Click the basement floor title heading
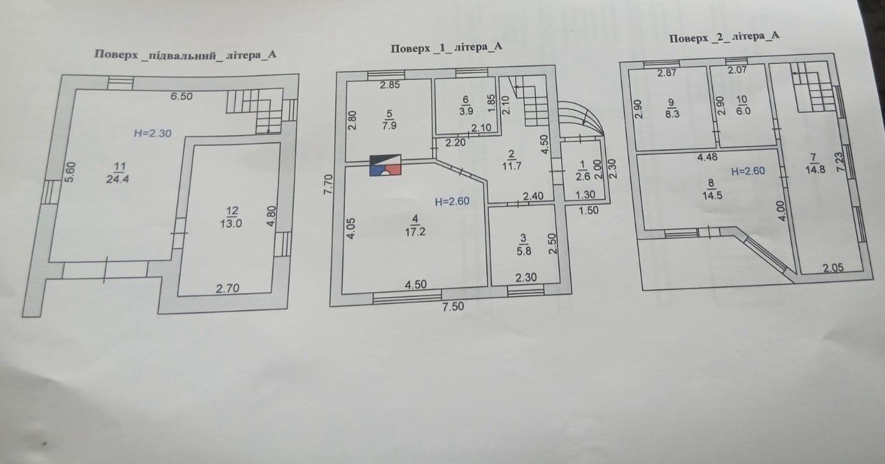click(x=186, y=54)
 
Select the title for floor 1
click(x=447, y=48)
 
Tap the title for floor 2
click(x=724, y=38)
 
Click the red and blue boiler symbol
click(x=385, y=165)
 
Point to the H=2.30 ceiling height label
click(x=153, y=133)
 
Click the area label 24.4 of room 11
click(x=117, y=179)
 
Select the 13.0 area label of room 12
click(x=231, y=223)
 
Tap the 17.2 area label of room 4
click(x=415, y=232)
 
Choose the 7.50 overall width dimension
click(x=453, y=307)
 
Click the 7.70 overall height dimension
click(x=328, y=184)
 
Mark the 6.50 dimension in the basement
click(x=181, y=96)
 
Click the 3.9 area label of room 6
click(x=466, y=111)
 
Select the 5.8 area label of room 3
click(x=524, y=251)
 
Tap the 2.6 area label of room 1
click(x=583, y=176)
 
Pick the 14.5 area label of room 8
click(x=712, y=195)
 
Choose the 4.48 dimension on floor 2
click(x=707, y=157)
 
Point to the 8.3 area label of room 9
click(x=672, y=114)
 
